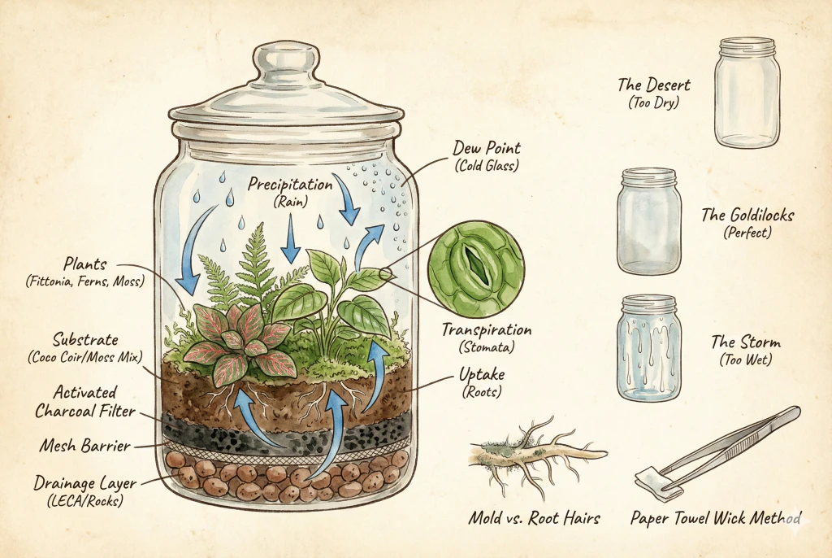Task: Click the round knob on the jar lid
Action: click(x=285, y=61)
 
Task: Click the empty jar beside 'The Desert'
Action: click(x=747, y=91)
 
